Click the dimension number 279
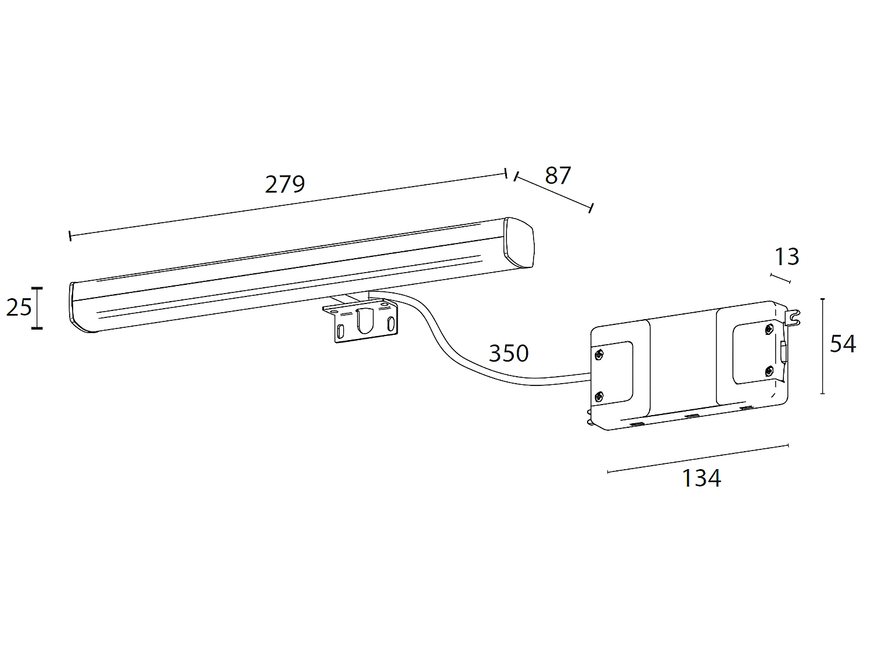(285, 184)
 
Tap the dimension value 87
(558, 175)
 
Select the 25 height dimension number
(19, 307)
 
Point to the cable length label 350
(509, 353)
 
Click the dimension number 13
(787, 256)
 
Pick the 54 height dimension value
(843, 344)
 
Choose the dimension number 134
(701, 478)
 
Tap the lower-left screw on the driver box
(599, 397)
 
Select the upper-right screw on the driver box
(769, 330)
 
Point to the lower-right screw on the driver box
(769, 370)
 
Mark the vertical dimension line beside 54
(823, 346)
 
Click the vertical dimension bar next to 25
(37, 308)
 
